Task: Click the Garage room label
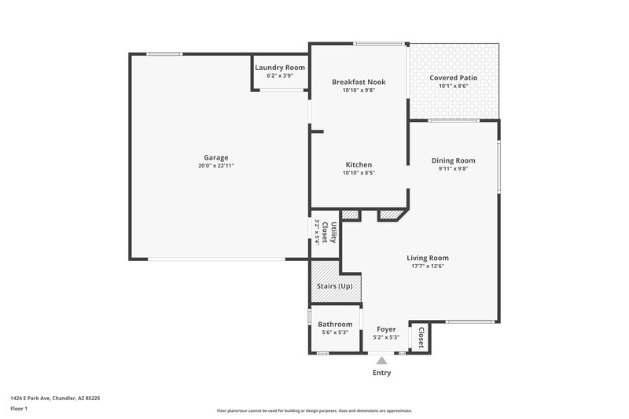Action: point(215,157)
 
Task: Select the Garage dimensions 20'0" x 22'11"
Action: point(215,166)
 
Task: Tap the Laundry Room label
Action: point(280,68)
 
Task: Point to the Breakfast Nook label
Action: point(359,82)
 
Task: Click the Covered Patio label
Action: point(453,78)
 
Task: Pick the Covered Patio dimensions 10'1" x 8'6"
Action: point(453,86)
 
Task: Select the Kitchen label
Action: point(359,164)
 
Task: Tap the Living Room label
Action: point(428,258)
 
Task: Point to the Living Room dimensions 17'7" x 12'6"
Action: point(428,266)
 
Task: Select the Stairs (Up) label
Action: point(334,286)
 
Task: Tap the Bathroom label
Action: point(335,324)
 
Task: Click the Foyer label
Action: point(386,329)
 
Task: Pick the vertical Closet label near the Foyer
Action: point(421,337)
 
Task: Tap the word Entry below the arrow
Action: point(381,373)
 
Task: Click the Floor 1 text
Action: point(20,409)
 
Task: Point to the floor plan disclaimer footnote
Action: point(314,410)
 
